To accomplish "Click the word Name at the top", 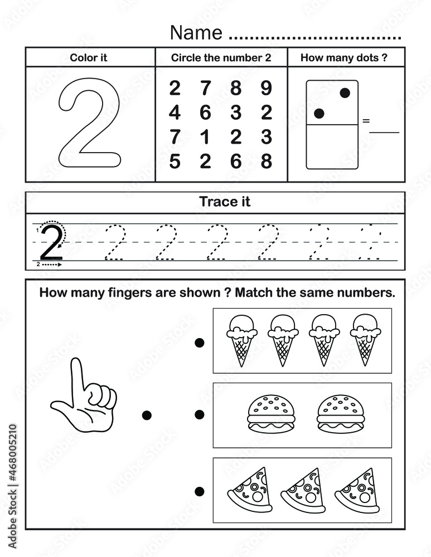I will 196,33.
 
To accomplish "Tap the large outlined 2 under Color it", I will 89,124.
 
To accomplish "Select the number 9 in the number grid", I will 267,88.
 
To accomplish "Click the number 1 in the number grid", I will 205,136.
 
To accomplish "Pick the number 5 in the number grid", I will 175,161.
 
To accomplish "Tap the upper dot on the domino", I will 345,94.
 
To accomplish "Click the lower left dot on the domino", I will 319,114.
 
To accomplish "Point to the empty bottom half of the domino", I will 332,146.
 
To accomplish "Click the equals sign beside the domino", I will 366,120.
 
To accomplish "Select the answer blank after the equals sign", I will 385,133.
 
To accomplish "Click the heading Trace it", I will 225,202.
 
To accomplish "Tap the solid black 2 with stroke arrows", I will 52,243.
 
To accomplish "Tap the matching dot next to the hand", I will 147,414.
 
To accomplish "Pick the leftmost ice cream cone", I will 241,340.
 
